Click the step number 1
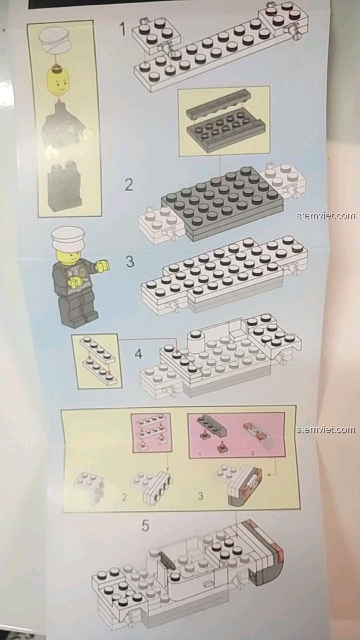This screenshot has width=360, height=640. tap(123, 29)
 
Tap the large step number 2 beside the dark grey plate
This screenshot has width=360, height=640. tap(129, 185)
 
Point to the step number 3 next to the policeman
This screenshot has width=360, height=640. tap(130, 261)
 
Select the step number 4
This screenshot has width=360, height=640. tap(138, 353)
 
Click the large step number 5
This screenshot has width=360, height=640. tap(145, 526)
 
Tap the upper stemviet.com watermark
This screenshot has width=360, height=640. tap(326, 216)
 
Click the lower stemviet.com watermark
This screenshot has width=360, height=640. tap(326, 429)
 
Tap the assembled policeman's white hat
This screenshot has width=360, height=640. tap(68, 237)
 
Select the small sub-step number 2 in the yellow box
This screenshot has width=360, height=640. tap(124, 497)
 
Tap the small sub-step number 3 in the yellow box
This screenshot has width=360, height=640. tap(200, 496)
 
